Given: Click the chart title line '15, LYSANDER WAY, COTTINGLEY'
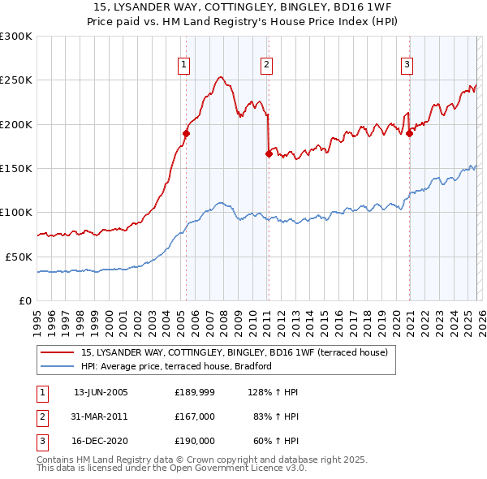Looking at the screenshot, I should pyautogui.click(x=243, y=6).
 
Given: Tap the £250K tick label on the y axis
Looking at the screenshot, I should pyautogui.click(x=16, y=80).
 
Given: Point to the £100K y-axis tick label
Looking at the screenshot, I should pyautogui.click(x=16, y=213).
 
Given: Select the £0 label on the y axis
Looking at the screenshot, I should pyautogui.click(x=26, y=300).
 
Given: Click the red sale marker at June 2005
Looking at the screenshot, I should pyautogui.click(x=187, y=133).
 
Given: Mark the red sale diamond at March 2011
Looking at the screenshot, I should pyautogui.click(x=269, y=153).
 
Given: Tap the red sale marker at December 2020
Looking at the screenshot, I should pyautogui.click(x=409, y=133).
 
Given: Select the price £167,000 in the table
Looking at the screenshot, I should pyautogui.click(x=195, y=416).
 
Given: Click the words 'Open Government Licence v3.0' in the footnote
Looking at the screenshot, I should pyautogui.click(x=235, y=468).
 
